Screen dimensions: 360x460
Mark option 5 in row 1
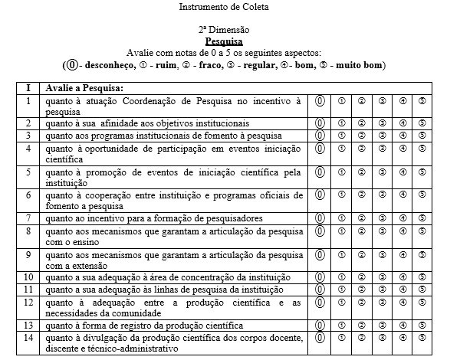point(422,100)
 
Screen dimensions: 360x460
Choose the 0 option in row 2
point(320,123)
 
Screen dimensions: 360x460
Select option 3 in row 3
point(382,136)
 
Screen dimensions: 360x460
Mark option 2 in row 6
point(361,195)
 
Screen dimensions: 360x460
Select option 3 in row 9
point(382,254)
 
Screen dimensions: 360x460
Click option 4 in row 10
point(402,277)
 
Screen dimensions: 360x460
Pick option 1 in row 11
point(341,290)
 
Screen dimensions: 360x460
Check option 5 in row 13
point(422,325)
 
